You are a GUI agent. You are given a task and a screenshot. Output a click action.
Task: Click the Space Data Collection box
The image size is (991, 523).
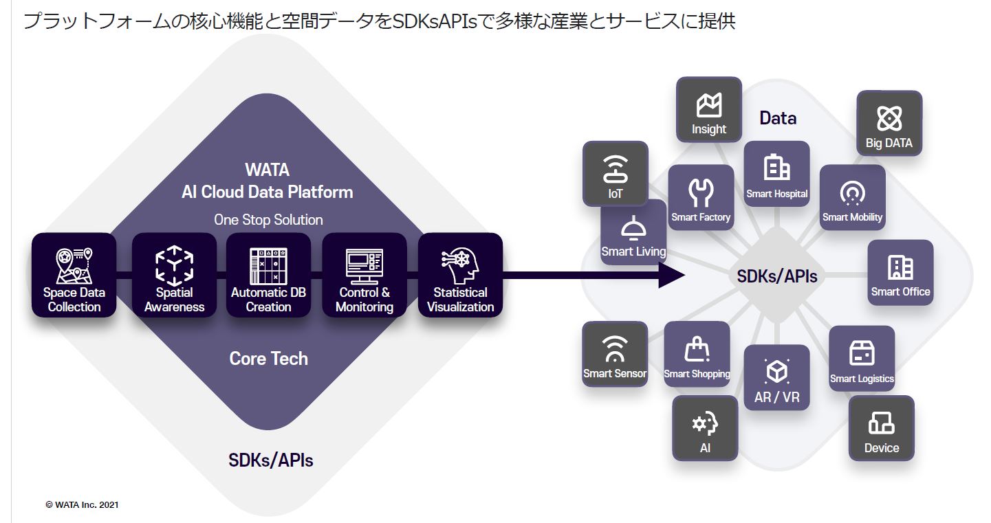pos(74,275)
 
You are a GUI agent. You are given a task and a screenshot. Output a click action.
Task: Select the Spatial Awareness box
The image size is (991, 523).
pos(174,275)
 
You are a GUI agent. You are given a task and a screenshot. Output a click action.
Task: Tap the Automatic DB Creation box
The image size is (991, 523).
pos(268,275)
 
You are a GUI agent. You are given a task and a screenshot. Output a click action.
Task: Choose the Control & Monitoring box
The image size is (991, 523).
pos(364,275)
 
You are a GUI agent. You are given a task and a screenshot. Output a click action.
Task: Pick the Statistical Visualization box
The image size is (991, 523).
pos(460,275)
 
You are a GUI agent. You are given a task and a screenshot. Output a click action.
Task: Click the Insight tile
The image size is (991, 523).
pos(709,109)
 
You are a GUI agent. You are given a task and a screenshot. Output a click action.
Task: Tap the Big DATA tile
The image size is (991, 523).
pos(889,123)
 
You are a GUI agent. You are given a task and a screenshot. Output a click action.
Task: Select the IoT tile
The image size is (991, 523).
pos(616,173)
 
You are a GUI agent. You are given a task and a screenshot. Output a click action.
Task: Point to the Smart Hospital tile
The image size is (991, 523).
pos(777,173)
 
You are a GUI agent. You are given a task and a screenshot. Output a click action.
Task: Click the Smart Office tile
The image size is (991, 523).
pos(900,272)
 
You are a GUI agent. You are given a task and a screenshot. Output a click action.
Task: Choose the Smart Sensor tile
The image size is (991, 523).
pos(615,354)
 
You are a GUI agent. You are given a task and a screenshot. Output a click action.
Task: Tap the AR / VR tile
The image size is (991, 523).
pos(777,377)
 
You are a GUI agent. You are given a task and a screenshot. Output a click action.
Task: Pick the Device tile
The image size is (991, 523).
pos(881,427)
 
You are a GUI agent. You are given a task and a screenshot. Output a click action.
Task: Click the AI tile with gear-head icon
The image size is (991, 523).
pos(705,427)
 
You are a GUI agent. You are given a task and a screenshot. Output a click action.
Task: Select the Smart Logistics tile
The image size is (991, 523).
pos(862,358)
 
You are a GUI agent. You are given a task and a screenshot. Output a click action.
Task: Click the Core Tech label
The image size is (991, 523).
pos(268,358)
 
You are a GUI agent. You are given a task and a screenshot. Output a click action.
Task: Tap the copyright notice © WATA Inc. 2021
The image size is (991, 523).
pos(82,504)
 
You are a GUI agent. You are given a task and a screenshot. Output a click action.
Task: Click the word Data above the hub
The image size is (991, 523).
pos(778,118)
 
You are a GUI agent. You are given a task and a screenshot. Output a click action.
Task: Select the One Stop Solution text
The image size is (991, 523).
pos(268,220)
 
